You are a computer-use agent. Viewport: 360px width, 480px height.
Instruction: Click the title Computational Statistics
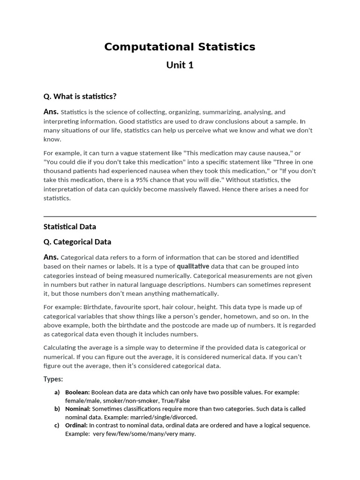[180, 47]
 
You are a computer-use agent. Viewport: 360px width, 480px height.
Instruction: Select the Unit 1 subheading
[180, 65]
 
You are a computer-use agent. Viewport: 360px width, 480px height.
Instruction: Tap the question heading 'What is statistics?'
[80, 97]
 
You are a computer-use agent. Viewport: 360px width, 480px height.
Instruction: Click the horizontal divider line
[180, 217]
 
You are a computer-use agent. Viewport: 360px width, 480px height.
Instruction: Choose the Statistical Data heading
[70, 227]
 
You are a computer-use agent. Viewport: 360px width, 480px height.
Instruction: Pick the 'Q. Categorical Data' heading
[77, 242]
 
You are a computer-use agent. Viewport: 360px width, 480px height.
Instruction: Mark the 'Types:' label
[53, 379]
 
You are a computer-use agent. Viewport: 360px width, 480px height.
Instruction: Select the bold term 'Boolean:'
[77, 392]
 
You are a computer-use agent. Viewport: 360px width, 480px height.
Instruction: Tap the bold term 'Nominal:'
[77, 409]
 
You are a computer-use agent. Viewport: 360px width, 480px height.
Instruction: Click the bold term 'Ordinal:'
[76, 426]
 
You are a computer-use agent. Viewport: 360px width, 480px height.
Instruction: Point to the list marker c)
[57, 426]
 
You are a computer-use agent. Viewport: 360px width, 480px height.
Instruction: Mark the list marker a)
[57, 392]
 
